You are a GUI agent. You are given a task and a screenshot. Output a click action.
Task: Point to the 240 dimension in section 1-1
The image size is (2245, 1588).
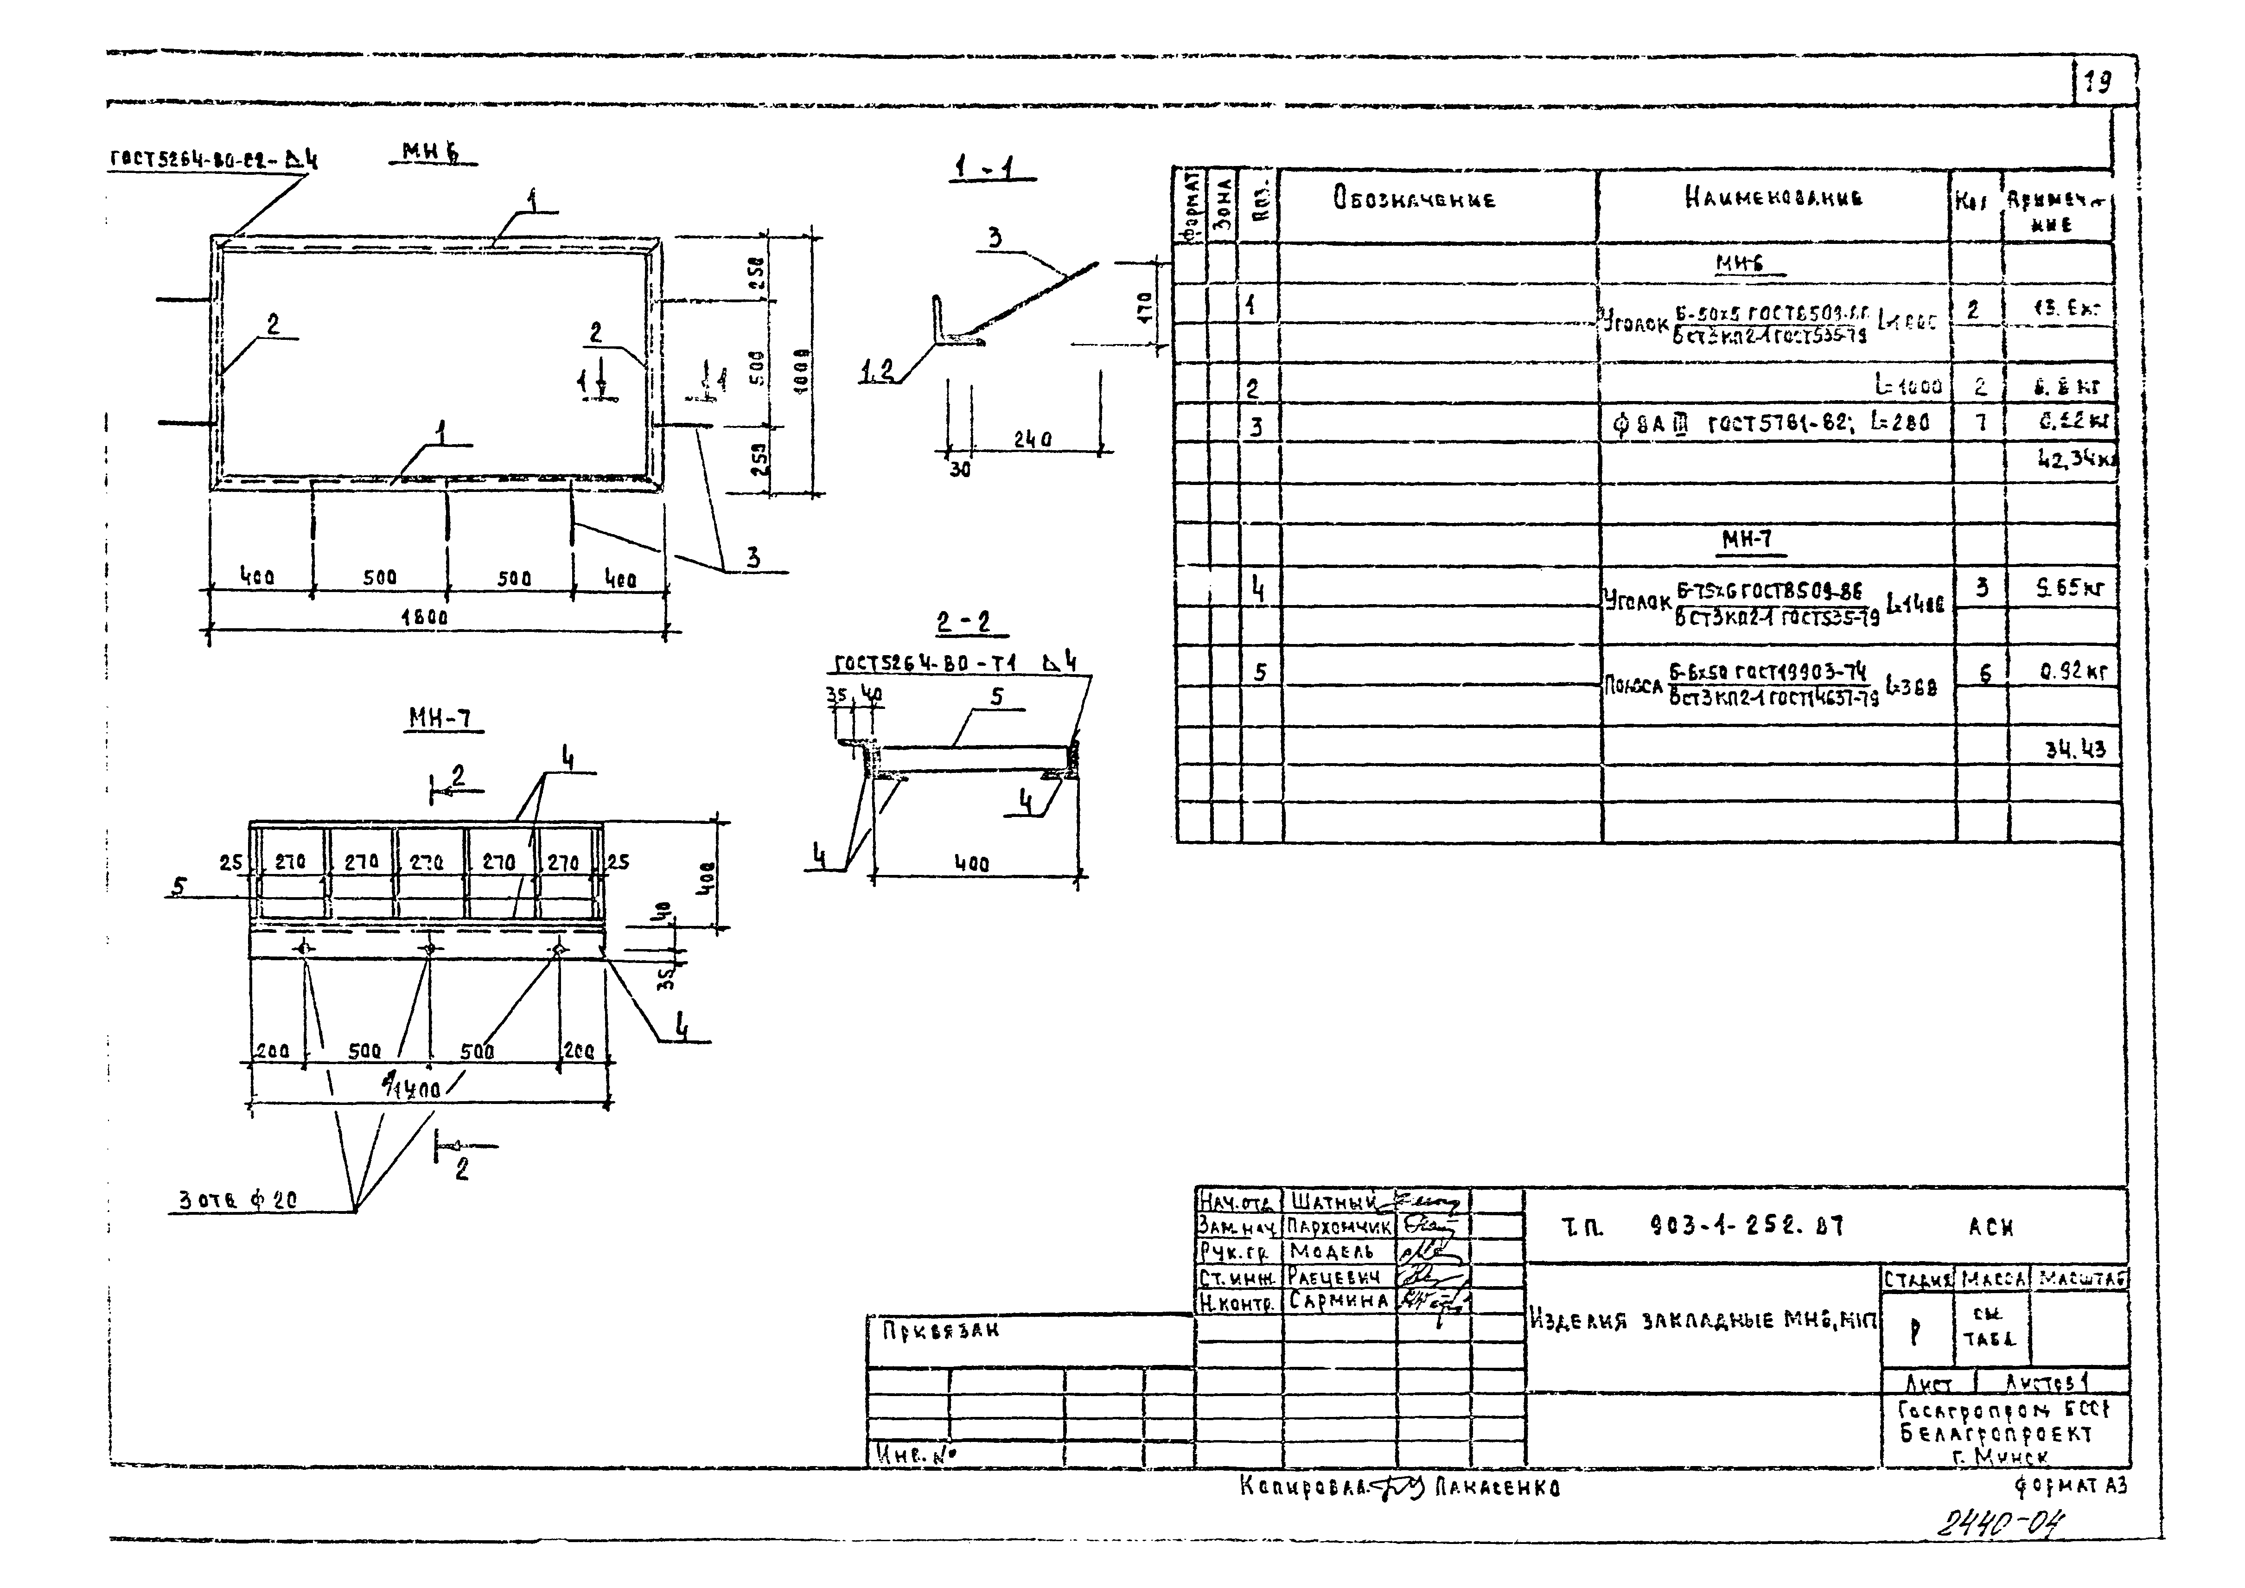(x=1033, y=440)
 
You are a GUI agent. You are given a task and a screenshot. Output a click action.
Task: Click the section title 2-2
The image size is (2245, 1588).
(x=963, y=622)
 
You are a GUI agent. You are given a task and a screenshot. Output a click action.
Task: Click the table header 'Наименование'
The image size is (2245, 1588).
(x=1773, y=198)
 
